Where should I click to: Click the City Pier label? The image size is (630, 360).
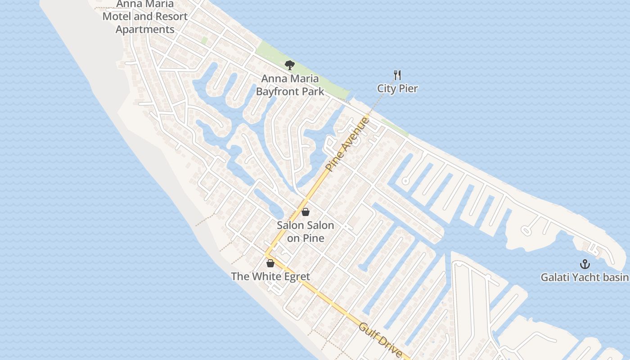397,88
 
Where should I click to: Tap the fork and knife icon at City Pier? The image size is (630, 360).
397,75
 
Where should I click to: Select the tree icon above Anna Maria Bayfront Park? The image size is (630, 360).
290,65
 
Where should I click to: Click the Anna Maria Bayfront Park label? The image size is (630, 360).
290,85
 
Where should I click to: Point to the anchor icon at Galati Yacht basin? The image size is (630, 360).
585,264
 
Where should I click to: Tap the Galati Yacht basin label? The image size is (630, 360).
585,277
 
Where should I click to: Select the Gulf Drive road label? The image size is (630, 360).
380,340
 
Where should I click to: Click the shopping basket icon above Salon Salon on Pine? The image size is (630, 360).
306,212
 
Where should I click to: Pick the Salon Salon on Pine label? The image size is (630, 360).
306,231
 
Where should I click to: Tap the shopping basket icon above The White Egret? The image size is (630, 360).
270,263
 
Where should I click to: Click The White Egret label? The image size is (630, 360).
270,276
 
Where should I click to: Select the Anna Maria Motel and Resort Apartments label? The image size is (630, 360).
145,17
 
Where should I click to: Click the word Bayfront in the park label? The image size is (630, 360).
275,92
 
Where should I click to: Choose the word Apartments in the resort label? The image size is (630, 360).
145,30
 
